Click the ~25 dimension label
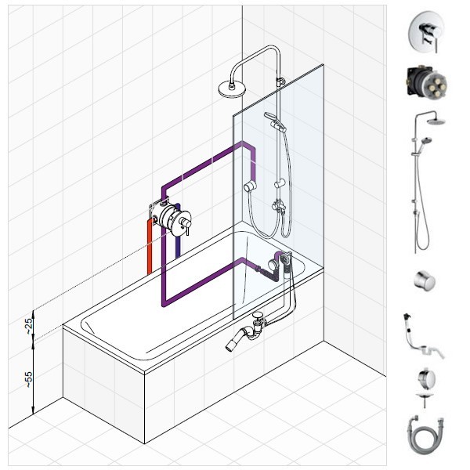(x=28, y=326)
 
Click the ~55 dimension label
(x=28, y=379)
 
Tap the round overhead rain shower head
(x=232, y=89)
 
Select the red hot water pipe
(x=150, y=247)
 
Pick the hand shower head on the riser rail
(x=272, y=117)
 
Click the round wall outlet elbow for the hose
(x=250, y=186)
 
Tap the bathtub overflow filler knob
(x=273, y=265)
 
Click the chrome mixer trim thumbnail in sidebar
(x=426, y=32)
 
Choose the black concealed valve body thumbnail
(x=425, y=81)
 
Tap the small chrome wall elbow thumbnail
(x=425, y=280)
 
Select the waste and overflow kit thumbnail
(x=423, y=336)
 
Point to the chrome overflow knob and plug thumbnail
(x=425, y=387)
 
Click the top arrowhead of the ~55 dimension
(x=33, y=342)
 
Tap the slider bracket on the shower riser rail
(x=280, y=183)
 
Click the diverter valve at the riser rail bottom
(x=279, y=206)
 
